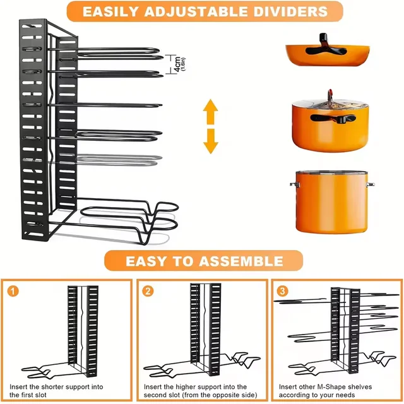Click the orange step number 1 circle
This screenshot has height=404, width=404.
13,292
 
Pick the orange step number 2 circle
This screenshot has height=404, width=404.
148,292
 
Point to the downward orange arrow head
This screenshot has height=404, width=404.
210,146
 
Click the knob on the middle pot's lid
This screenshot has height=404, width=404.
328,93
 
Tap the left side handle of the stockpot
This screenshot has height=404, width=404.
294,184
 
